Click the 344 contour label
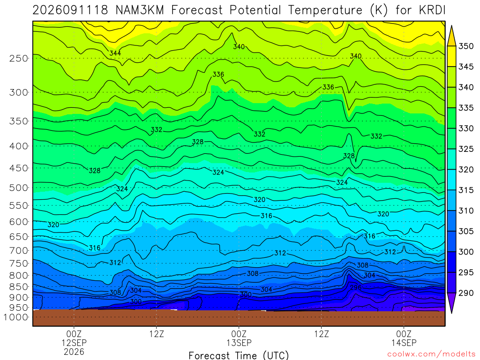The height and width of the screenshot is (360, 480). point(115,53)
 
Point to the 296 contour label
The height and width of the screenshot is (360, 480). point(356,287)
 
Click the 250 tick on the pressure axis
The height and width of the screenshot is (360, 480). point(19,58)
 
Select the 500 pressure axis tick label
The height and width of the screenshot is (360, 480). point(19,187)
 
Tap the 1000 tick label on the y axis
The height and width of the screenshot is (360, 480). point(16,317)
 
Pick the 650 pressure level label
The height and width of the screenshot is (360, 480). point(19,237)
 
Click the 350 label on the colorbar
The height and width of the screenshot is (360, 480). point(466,46)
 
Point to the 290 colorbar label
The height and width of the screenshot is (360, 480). point(466,293)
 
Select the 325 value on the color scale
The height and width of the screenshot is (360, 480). point(466,149)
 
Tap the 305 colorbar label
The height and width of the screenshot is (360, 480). point(466,231)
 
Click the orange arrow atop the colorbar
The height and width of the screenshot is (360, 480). point(451,36)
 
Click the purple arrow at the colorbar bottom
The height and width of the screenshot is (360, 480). point(451,303)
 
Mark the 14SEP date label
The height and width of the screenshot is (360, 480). point(404,343)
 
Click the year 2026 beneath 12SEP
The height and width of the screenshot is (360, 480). point(74,352)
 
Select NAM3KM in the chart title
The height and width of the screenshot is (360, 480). point(140,10)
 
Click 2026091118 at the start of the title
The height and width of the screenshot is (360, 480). point(70,10)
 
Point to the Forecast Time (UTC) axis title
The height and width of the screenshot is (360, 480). point(239,355)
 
